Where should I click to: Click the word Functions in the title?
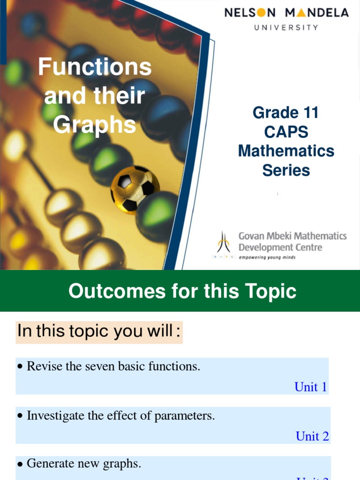tap(95, 67)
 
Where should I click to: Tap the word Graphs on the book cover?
tap(94, 125)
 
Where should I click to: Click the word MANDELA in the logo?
tap(317, 13)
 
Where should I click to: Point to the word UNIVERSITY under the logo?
tap(286, 27)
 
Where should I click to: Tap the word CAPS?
tap(286, 132)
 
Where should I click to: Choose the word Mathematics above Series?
tap(286, 151)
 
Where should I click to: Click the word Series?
tap(286, 170)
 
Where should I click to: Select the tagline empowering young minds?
tap(267, 257)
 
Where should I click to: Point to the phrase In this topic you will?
tap(98, 331)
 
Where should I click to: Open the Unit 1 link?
tap(310, 387)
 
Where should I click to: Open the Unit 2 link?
tap(312, 436)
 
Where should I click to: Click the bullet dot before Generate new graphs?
tap(20, 465)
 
